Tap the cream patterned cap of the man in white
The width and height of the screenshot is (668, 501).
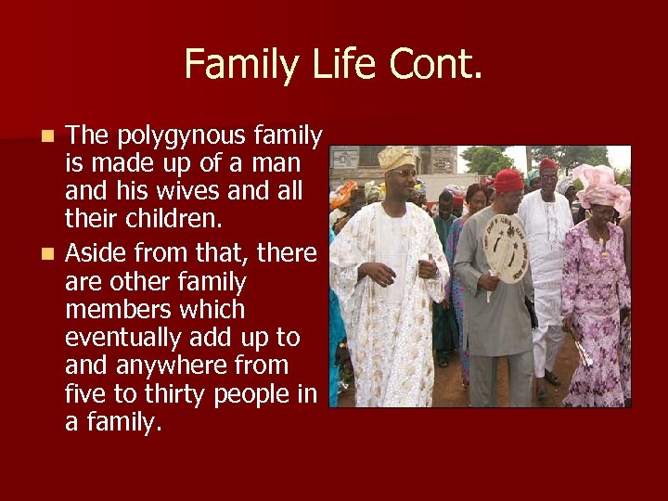pyautogui.click(x=396, y=157)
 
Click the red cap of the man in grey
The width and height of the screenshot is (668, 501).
pyautogui.click(x=508, y=179)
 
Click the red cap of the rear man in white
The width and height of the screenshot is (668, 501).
pyautogui.click(x=548, y=164)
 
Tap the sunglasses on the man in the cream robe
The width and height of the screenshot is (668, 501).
pyautogui.click(x=402, y=173)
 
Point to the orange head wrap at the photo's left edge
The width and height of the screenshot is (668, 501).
pyautogui.click(x=342, y=193)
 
